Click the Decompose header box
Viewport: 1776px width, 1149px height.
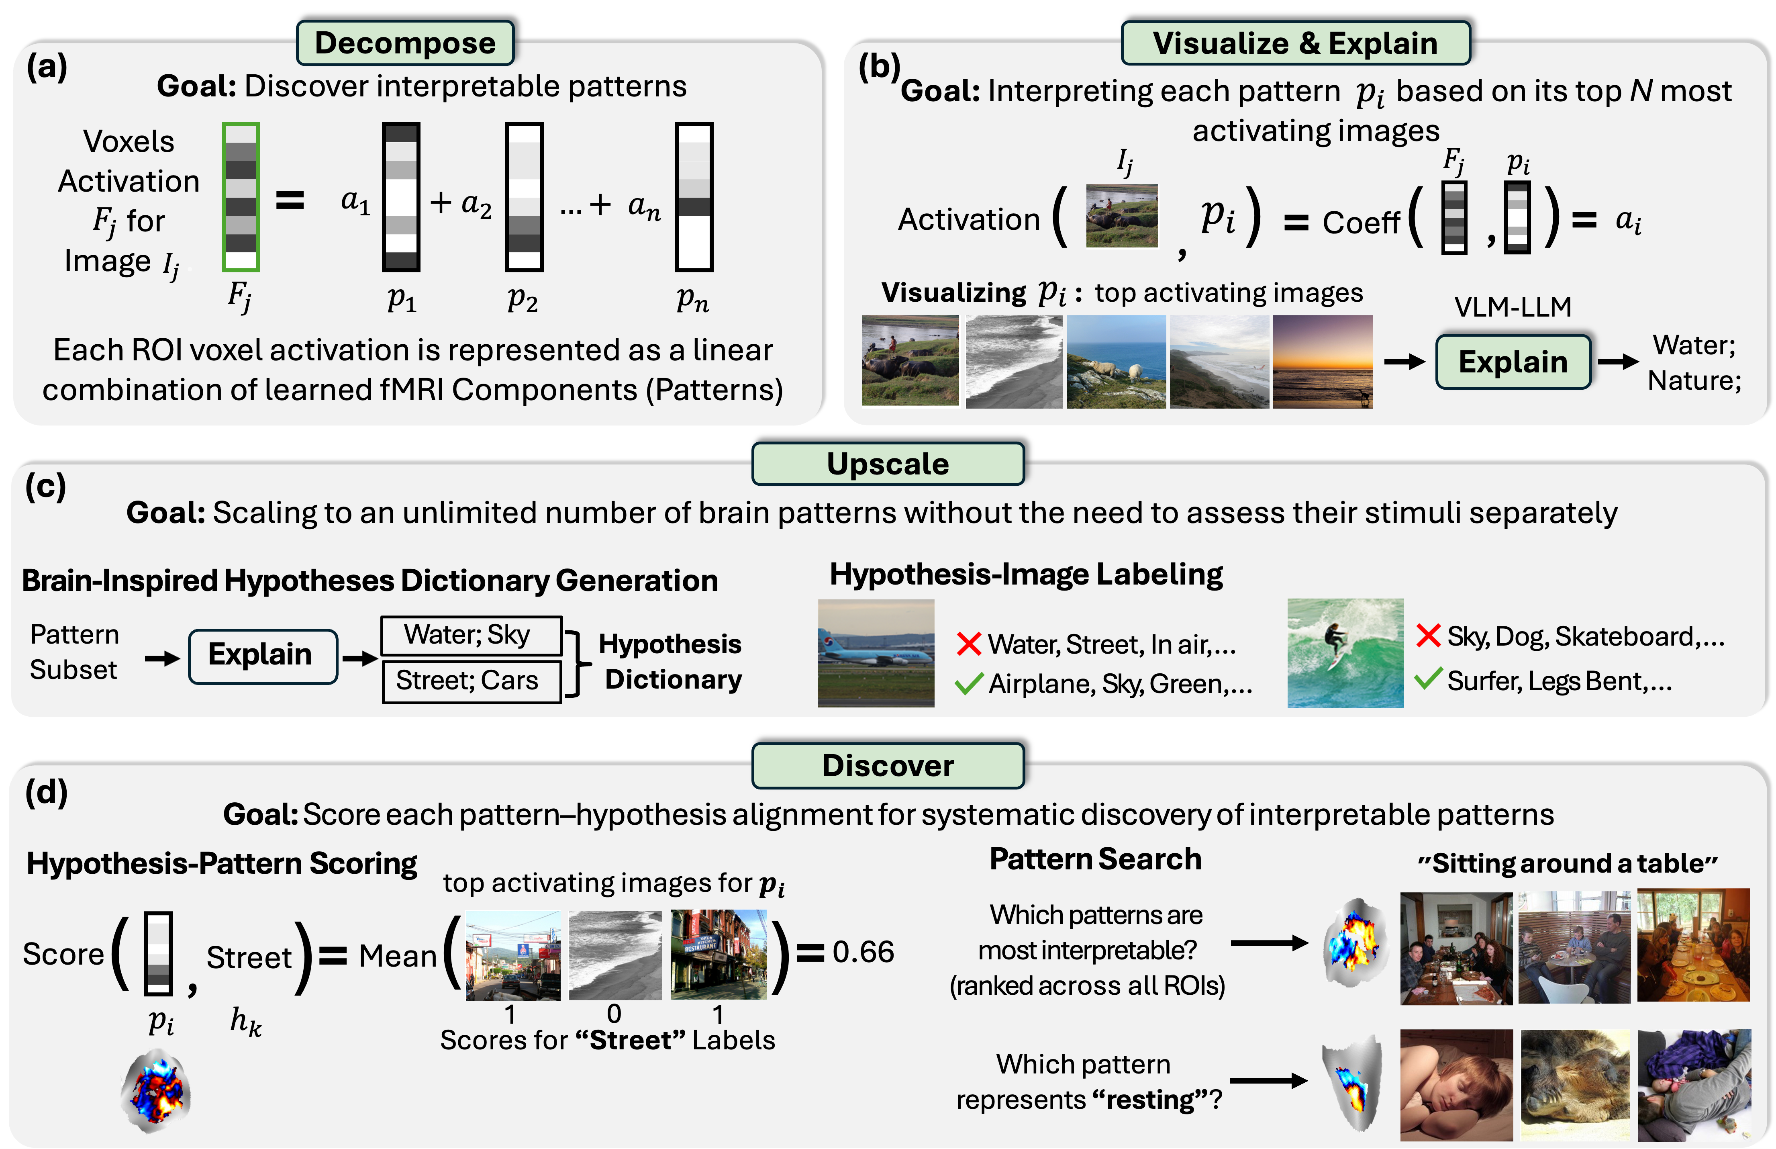tap(405, 43)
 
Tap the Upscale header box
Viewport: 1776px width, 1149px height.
tap(888, 464)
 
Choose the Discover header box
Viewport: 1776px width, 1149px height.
tap(888, 765)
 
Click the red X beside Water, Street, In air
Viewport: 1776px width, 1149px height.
tap(968, 644)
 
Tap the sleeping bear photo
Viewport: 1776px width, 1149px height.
tap(1575, 1084)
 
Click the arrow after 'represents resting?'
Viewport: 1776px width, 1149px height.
tap(1268, 1080)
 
